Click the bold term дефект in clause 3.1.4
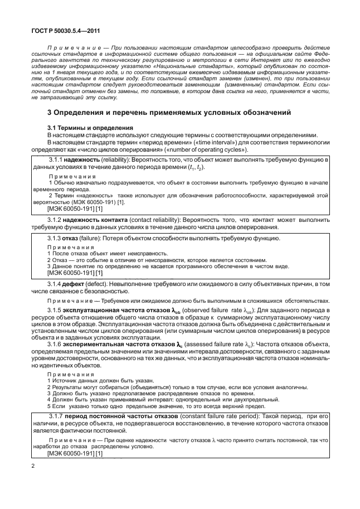click(x=80, y=284)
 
